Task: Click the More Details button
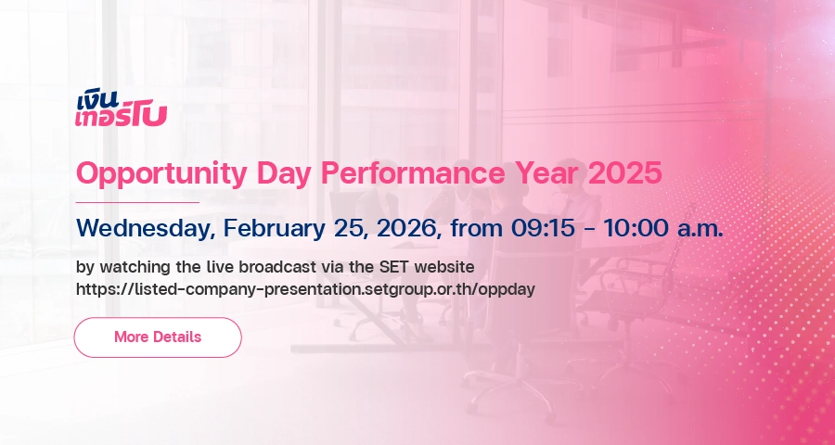(x=158, y=337)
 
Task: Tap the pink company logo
(x=121, y=109)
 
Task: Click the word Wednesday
(x=147, y=229)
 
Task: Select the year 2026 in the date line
(x=409, y=228)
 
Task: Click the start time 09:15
(x=543, y=228)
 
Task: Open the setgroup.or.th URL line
(x=305, y=290)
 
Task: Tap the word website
(x=444, y=266)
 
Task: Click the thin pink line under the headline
(x=137, y=202)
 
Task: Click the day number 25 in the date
(x=352, y=229)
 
